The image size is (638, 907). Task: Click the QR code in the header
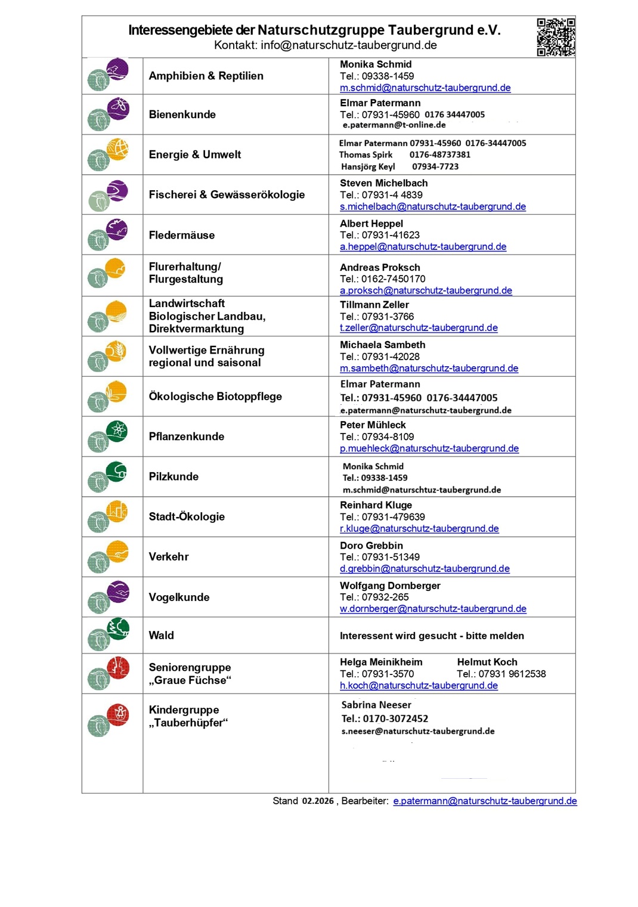click(x=556, y=37)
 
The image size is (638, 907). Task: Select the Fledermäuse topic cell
click(x=182, y=235)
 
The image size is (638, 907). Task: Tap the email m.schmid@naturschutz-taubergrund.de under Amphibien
click(x=425, y=88)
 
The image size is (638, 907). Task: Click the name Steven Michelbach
click(x=383, y=183)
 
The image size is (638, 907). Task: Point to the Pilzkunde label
click(x=174, y=476)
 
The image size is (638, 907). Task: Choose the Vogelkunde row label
click(x=179, y=597)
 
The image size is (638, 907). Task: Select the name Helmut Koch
click(x=487, y=662)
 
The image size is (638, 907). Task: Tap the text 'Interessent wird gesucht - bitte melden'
click(x=432, y=636)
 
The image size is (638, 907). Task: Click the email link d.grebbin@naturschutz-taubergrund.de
click(x=425, y=569)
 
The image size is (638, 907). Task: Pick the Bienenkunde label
click(x=182, y=114)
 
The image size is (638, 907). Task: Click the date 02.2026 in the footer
click(x=318, y=801)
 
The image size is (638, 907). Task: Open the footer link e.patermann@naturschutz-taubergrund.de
click(x=485, y=801)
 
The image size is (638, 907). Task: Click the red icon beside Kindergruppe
click(x=118, y=714)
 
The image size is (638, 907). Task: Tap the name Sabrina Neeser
click(x=376, y=705)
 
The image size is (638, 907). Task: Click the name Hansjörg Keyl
click(x=368, y=167)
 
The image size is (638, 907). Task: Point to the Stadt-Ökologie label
click(x=187, y=516)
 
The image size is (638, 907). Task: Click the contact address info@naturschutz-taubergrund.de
click(x=349, y=45)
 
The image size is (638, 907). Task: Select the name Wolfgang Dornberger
click(x=390, y=586)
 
